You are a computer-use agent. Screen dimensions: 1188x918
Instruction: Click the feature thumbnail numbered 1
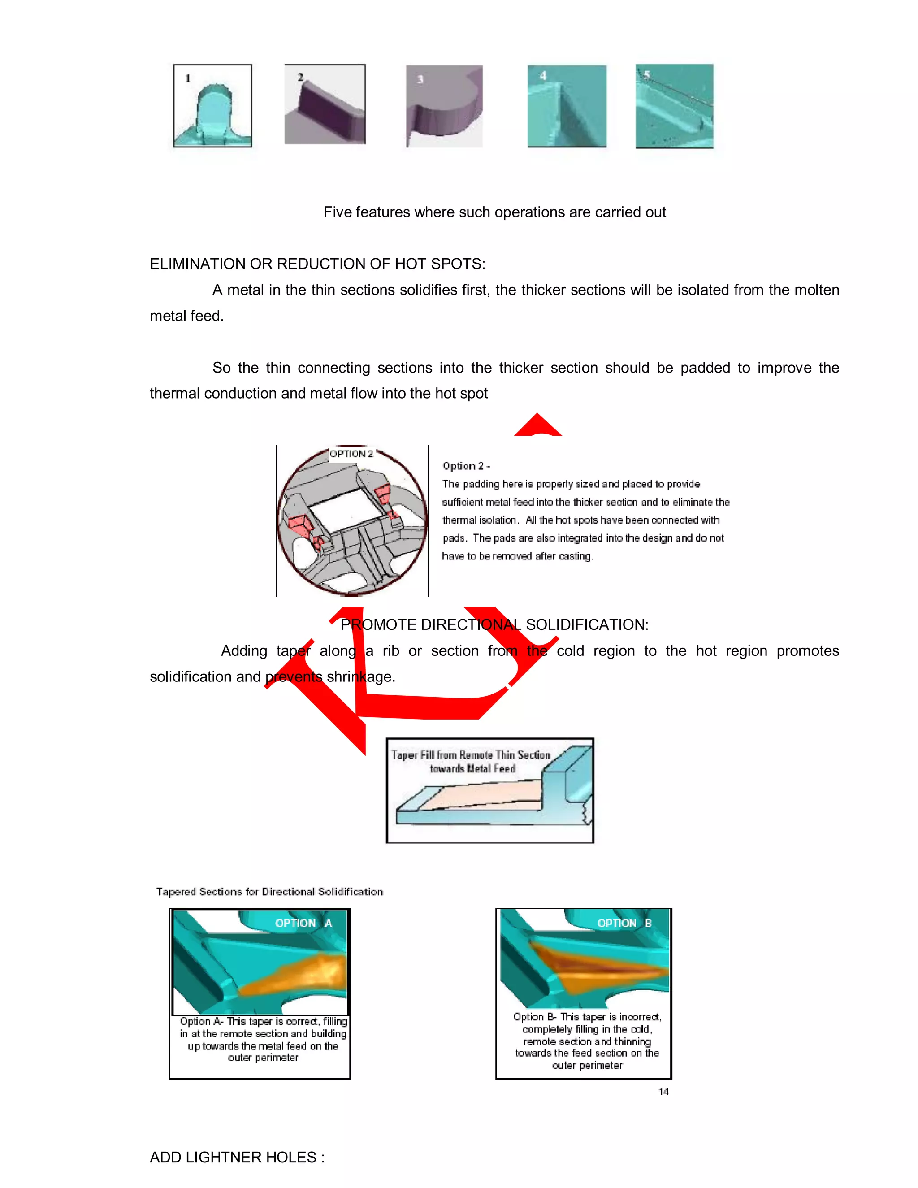pos(212,106)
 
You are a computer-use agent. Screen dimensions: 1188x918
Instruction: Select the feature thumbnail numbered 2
pos(325,104)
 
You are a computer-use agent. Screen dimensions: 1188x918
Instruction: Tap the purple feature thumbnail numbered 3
pos(444,107)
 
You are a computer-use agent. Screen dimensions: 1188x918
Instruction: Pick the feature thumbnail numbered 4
pos(567,106)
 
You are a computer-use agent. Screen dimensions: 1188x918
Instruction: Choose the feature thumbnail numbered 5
pos(674,106)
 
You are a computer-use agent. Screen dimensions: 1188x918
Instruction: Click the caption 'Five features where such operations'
pos(494,212)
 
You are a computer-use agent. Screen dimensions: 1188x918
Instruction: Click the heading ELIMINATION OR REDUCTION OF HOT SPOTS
pos(317,264)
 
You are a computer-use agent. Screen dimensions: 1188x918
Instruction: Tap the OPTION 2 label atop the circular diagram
pos(351,454)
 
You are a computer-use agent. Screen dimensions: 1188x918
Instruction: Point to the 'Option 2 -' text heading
pos(466,466)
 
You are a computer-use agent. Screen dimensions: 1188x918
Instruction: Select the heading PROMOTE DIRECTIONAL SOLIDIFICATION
pos(494,624)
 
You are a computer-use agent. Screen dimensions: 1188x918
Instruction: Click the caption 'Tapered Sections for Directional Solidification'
pos(269,892)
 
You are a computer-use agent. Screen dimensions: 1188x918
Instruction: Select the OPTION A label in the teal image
pos(303,923)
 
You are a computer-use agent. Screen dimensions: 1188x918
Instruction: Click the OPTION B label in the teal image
pos(624,923)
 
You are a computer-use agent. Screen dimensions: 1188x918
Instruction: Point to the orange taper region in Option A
pos(304,976)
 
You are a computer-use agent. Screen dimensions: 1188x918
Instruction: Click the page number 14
pos(663,1091)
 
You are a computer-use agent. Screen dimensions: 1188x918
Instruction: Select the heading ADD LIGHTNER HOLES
pos(237,1157)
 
